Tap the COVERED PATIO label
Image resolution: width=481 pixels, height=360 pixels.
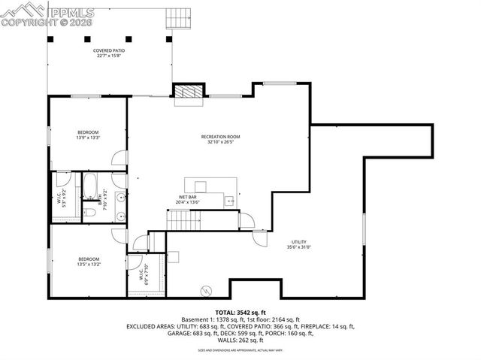click(x=109, y=51)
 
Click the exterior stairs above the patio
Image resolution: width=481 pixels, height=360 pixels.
click(x=174, y=17)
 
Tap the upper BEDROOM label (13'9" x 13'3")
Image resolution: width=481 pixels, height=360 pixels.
click(x=88, y=133)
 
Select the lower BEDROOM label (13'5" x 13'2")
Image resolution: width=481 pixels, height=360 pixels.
click(x=88, y=259)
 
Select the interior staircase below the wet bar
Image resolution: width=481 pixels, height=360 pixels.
click(x=181, y=220)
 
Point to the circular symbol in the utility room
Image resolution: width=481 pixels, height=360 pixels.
click(x=206, y=290)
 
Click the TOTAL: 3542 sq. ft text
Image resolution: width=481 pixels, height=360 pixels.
click(x=240, y=311)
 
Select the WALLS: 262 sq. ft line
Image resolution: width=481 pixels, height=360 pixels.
click(x=240, y=340)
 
